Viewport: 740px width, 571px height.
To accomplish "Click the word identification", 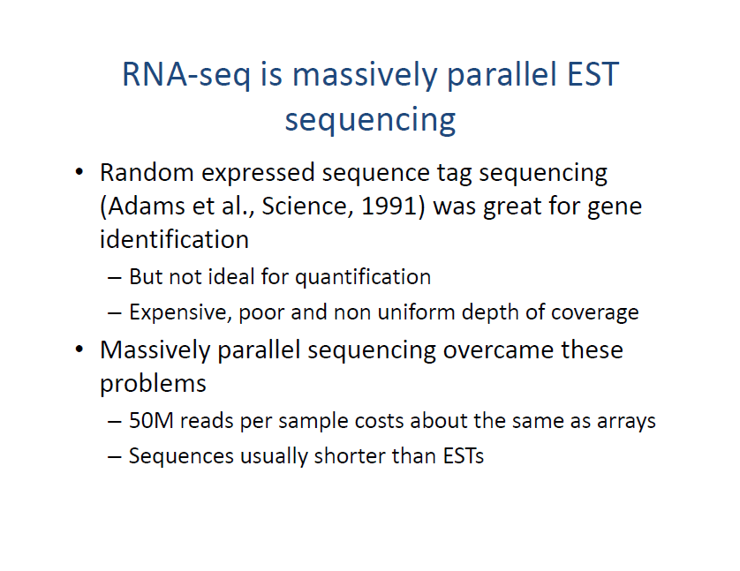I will [174, 239].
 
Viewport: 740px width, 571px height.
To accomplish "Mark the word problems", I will [153, 384].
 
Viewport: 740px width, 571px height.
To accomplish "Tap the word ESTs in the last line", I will [462, 456].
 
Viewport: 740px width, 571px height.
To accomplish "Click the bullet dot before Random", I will [79, 174].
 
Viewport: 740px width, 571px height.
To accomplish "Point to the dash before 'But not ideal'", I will [115, 278].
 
